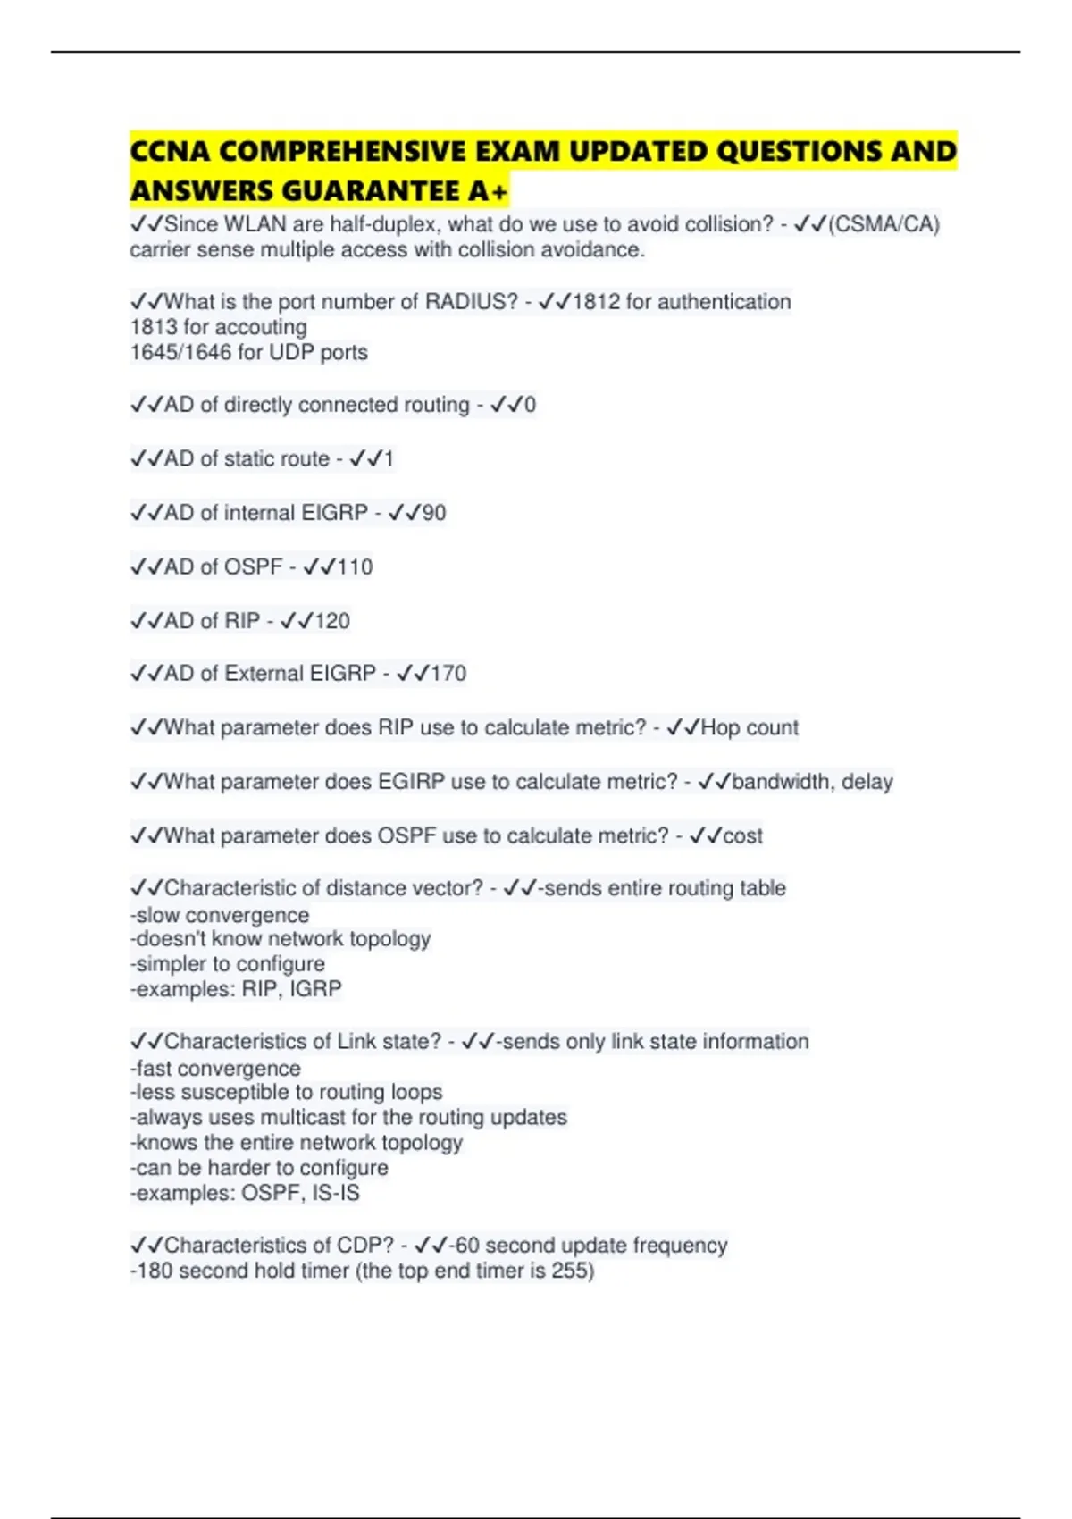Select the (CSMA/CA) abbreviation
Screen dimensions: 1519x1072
point(884,224)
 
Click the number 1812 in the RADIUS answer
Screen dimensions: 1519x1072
point(596,302)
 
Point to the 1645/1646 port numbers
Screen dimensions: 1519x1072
point(180,353)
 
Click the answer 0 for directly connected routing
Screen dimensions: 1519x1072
point(530,405)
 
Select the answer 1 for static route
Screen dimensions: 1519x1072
point(388,459)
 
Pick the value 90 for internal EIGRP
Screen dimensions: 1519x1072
point(434,513)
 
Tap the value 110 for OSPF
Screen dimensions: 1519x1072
point(355,566)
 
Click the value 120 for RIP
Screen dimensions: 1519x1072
point(332,621)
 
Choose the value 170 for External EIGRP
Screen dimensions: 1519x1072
point(448,674)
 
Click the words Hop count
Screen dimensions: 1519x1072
point(750,728)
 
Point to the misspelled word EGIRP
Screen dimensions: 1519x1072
point(411,782)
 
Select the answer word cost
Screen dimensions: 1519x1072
point(742,836)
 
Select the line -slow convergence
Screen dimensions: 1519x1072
point(220,915)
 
